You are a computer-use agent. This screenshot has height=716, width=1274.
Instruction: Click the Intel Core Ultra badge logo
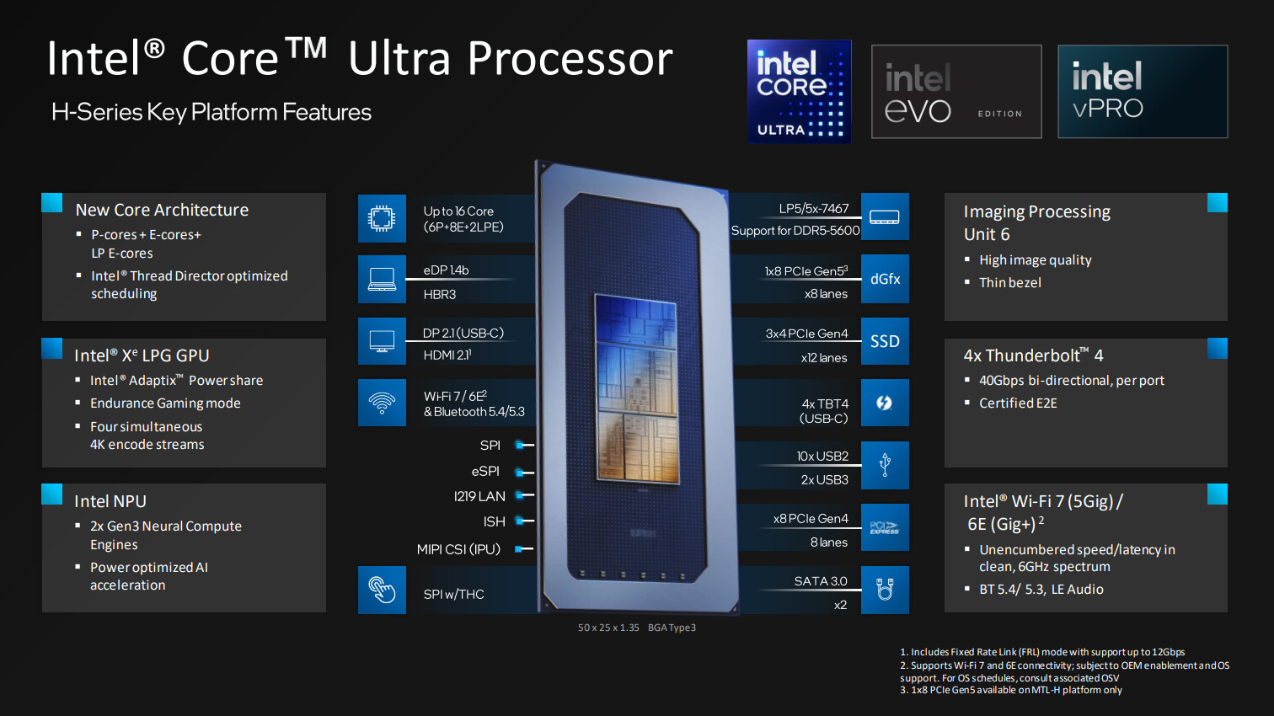[799, 91]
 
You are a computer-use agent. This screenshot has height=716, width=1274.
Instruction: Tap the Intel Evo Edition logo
[955, 91]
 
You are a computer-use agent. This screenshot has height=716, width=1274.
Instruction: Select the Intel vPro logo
[1142, 91]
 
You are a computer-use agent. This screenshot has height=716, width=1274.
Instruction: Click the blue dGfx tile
[885, 279]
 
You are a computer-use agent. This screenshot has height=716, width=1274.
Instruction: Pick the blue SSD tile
[885, 341]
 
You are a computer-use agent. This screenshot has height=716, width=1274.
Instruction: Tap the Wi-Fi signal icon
[382, 403]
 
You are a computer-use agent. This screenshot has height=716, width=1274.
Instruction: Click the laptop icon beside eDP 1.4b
[382, 279]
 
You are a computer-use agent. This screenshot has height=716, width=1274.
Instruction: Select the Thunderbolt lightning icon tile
[885, 403]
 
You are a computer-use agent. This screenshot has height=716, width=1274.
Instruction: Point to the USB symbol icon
[885, 465]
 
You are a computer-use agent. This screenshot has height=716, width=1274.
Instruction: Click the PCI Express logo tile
[885, 527]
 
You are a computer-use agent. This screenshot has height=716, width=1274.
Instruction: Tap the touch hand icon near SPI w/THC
[382, 590]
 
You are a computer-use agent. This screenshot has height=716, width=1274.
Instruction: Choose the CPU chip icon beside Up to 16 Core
[382, 218]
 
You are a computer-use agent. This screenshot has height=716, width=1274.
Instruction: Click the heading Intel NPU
[110, 501]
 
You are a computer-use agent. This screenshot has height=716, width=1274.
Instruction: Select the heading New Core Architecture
[162, 210]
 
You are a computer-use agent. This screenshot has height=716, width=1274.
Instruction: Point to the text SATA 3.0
[820, 581]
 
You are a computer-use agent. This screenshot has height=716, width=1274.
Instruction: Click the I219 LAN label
[479, 496]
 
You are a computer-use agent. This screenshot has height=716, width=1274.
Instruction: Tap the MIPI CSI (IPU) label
[458, 549]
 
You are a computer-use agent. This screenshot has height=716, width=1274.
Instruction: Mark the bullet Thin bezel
[1009, 283]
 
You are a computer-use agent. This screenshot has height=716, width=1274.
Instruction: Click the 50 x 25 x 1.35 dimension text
[608, 628]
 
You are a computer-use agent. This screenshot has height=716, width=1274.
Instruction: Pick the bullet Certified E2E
[1017, 403]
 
